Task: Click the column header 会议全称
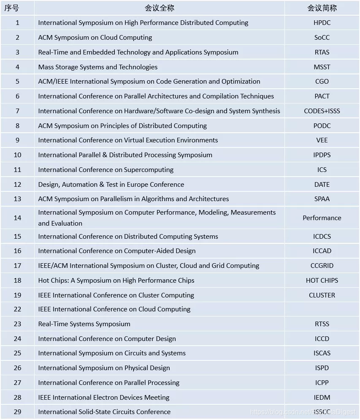pyautogui.click(x=159, y=8)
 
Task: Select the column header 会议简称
pyautogui.click(x=322, y=8)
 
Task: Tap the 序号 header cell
pyautogui.click(x=17, y=8)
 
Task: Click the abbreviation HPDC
pyautogui.click(x=322, y=23)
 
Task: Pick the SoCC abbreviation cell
pyautogui.click(x=322, y=38)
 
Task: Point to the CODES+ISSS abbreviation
pyautogui.click(x=322, y=111)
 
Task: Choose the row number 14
pyautogui.click(x=17, y=218)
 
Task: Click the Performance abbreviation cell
pyautogui.click(x=322, y=218)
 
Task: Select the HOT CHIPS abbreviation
pyautogui.click(x=322, y=281)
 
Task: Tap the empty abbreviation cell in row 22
pyautogui.click(x=322, y=309)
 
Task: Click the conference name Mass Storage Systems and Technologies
pyautogui.click(x=97, y=67)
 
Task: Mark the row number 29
pyautogui.click(x=17, y=412)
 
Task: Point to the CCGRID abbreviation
pyautogui.click(x=322, y=266)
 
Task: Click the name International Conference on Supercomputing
pyautogui.click(x=106, y=170)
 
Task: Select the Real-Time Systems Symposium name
pyautogui.click(x=84, y=324)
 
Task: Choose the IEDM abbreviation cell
pyautogui.click(x=322, y=398)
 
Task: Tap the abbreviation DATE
pyautogui.click(x=322, y=185)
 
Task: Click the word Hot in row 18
pyautogui.click(x=44, y=281)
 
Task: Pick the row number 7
pyautogui.click(x=17, y=111)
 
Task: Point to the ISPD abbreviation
pyautogui.click(x=322, y=368)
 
